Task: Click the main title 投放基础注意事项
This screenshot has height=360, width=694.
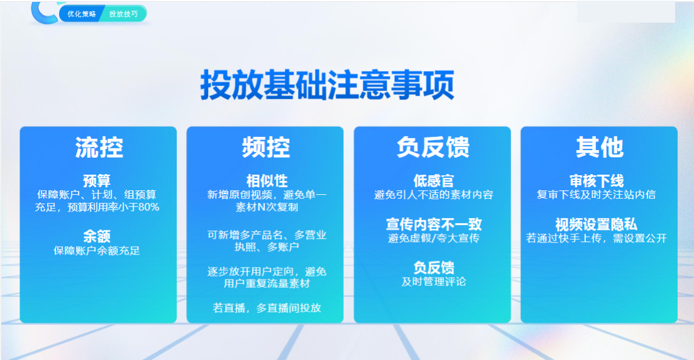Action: click(327, 85)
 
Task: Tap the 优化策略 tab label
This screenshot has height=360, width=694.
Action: click(82, 14)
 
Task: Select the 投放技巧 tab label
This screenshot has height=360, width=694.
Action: click(123, 14)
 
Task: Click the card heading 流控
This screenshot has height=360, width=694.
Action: click(99, 148)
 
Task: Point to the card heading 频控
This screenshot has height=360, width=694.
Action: click(265, 148)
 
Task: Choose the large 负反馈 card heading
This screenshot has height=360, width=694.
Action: click(433, 148)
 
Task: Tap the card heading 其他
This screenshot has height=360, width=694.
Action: click(599, 148)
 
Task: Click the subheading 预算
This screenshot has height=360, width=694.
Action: click(97, 182)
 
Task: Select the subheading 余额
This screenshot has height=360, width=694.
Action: click(97, 237)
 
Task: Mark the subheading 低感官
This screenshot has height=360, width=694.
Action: click(433, 182)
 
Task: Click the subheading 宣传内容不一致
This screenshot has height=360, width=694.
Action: click(433, 224)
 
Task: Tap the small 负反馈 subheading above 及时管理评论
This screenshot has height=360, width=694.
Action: click(433, 268)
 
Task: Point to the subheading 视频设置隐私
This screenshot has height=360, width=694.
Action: click(597, 224)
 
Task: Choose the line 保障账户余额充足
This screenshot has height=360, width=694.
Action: click(97, 251)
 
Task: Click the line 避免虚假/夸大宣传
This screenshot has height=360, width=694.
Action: click(433, 239)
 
